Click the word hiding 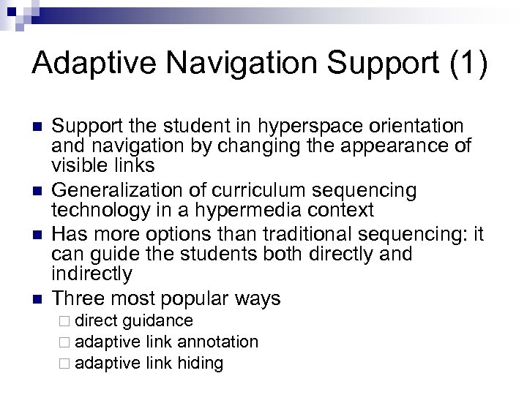tap(200, 363)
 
